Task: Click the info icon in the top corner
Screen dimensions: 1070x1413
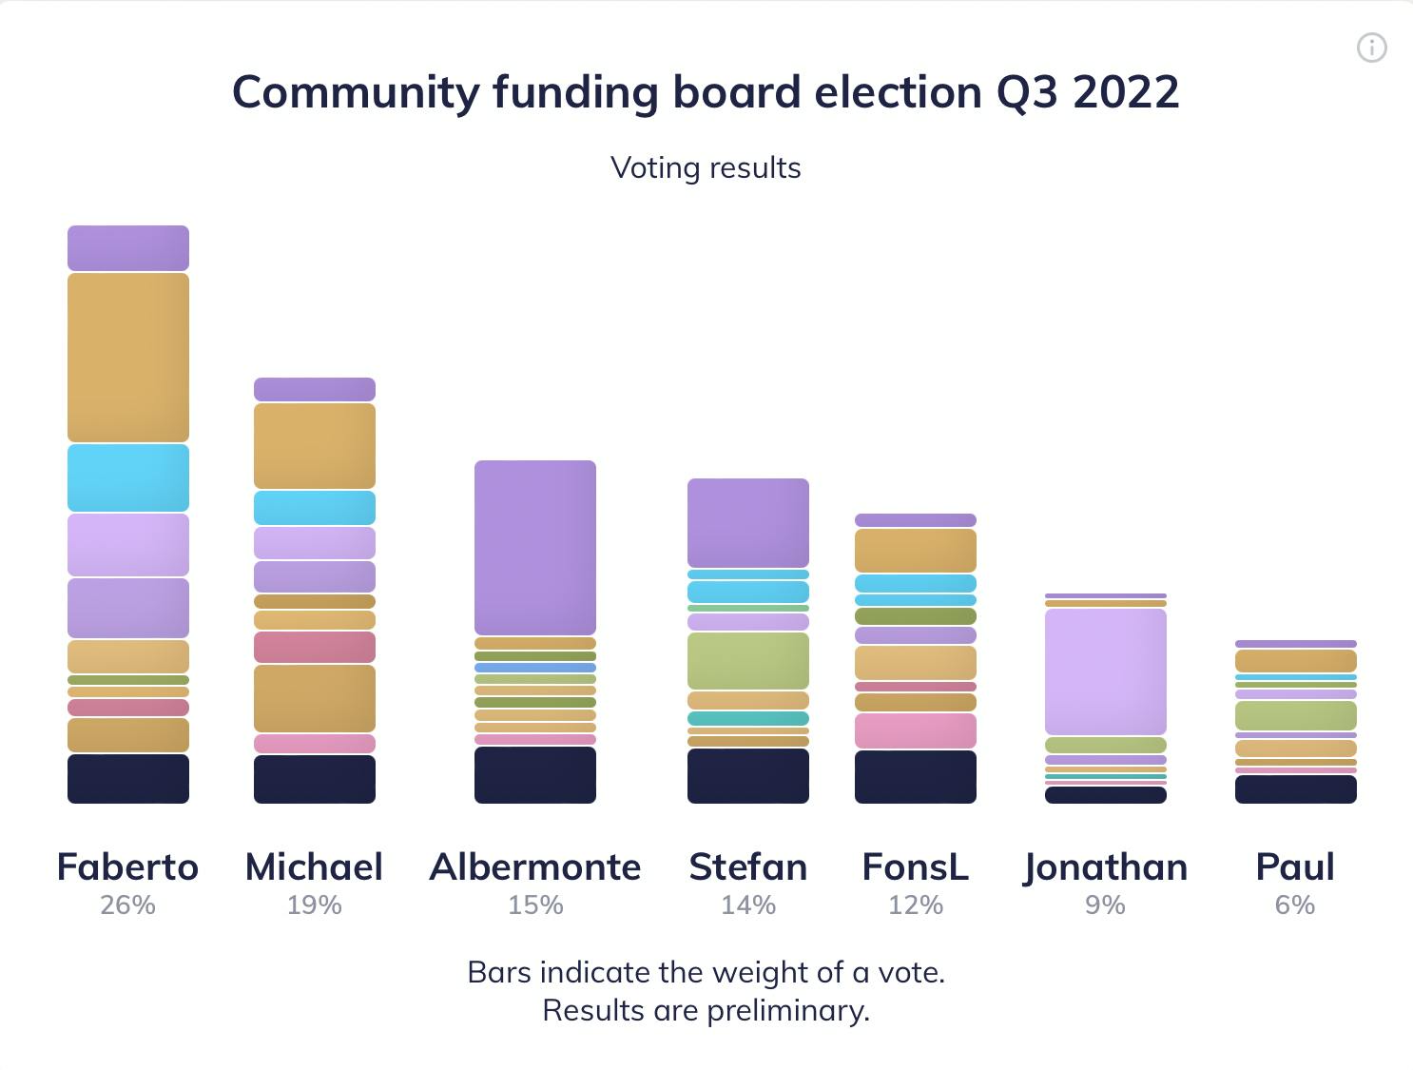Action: (x=1371, y=48)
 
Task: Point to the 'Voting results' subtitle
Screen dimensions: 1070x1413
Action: (x=706, y=167)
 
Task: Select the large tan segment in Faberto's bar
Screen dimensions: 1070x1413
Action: (x=128, y=357)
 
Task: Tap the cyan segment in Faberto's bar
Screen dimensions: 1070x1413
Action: (x=128, y=477)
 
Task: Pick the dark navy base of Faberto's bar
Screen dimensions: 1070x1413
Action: (x=128, y=778)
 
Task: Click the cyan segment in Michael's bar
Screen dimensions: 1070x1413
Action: (x=315, y=508)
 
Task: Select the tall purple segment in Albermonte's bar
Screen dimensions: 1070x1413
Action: (x=535, y=547)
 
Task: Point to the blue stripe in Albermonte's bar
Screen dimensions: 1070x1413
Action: (x=535, y=668)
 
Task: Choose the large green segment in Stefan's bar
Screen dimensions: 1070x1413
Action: (x=748, y=660)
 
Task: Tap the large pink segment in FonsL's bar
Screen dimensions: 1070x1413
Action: (x=916, y=730)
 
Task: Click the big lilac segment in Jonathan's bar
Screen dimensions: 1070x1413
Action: (x=1106, y=671)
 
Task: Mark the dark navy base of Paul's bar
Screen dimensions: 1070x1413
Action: (x=1296, y=788)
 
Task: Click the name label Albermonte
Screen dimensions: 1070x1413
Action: (x=535, y=866)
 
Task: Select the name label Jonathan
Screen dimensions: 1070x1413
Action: (x=1106, y=867)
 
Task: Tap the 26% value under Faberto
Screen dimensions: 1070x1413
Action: (x=128, y=905)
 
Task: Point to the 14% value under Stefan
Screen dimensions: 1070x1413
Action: (x=748, y=905)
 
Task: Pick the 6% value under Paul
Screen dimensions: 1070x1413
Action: (x=1295, y=905)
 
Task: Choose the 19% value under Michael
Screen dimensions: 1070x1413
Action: (x=315, y=905)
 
